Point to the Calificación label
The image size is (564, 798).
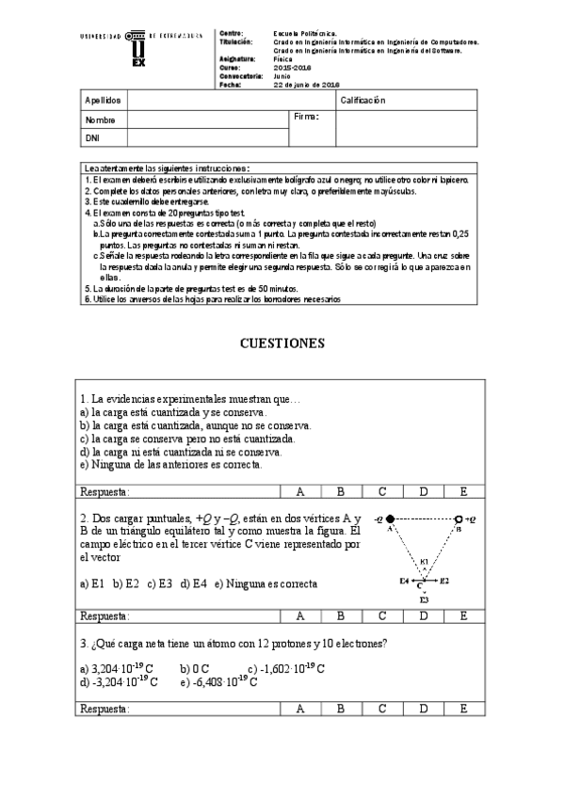[x=363, y=101]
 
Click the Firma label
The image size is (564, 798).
[x=307, y=117]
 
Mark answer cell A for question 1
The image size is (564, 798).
[x=300, y=491]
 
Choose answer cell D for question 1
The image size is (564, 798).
[x=423, y=491]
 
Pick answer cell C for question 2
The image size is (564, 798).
[x=382, y=615]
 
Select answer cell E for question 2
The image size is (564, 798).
[x=464, y=615]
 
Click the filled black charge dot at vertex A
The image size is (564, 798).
[x=391, y=519]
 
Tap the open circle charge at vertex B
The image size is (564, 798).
[x=459, y=519]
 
